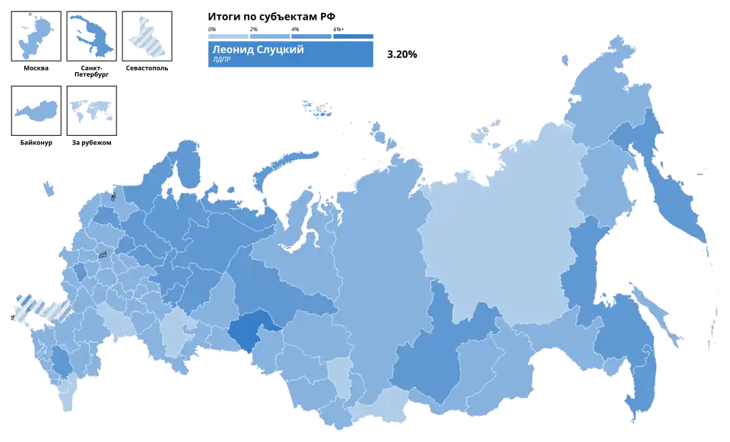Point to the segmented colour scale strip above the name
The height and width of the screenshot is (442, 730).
click(x=291, y=36)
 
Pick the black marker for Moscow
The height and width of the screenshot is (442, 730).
click(x=101, y=257)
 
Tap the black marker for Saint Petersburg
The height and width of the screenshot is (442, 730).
click(x=113, y=195)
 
